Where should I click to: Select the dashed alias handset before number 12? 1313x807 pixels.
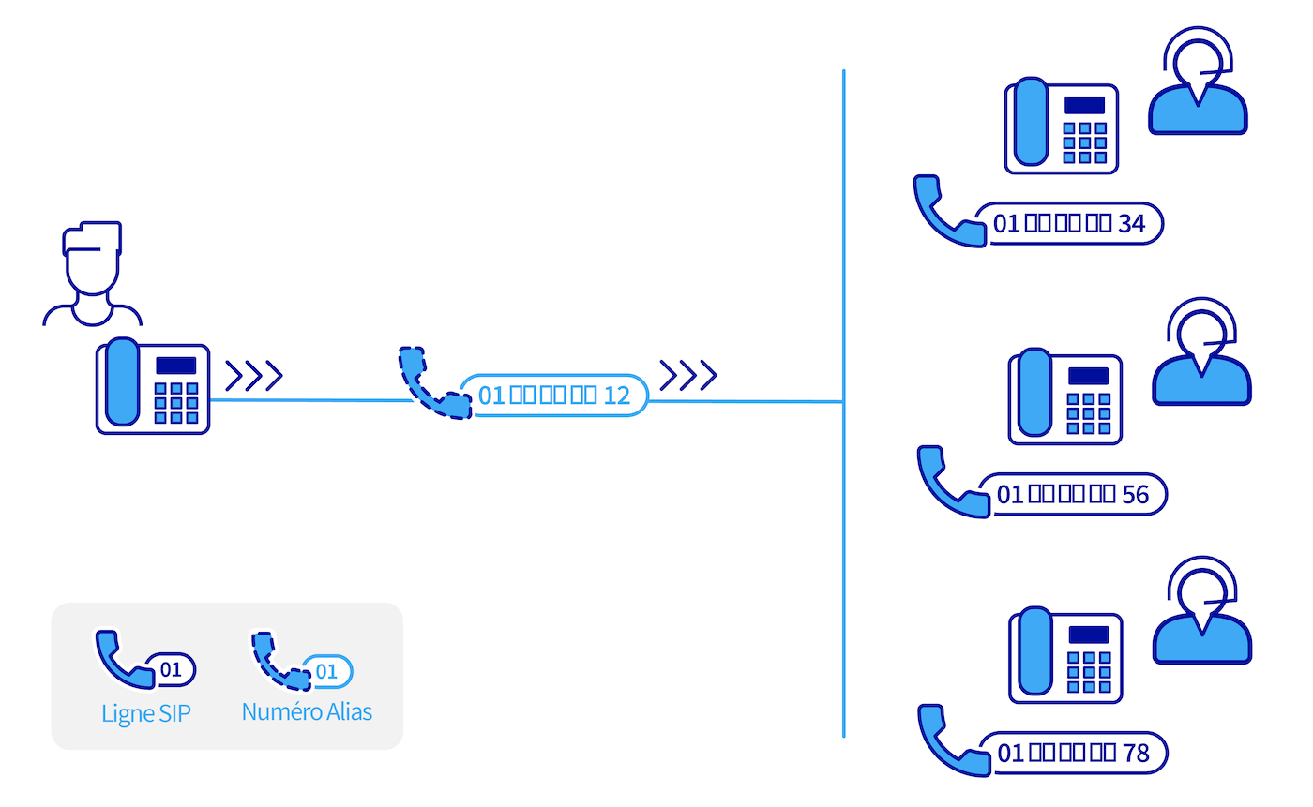click(x=432, y=383)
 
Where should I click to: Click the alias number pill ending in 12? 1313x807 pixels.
click(x=554, y=396)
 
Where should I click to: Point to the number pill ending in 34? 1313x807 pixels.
click(x=1069, y=224)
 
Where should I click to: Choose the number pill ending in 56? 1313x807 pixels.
click(x=1073, y=494)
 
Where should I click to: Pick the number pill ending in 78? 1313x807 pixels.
click(x=1073, y=753)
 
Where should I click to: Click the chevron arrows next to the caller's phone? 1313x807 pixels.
click(x=254, y=375)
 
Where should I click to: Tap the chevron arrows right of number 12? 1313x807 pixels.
click(x=688, y=374)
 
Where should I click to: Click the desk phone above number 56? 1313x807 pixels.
click(x=1065, y=396)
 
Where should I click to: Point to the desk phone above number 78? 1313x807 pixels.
click(x=1065, y=655)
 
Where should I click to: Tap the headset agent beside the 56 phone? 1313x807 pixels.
click(x=1201, y=356)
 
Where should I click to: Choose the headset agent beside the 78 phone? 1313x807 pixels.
click(x=1201, y=615)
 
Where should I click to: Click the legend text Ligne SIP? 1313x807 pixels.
click(x=145, y=714)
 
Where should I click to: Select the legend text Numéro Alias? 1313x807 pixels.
click(x=307, y=712)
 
